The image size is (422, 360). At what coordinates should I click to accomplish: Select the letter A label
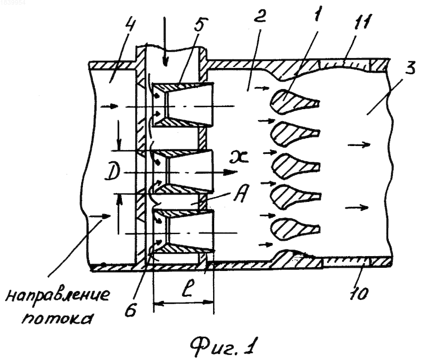pos(239,194)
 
